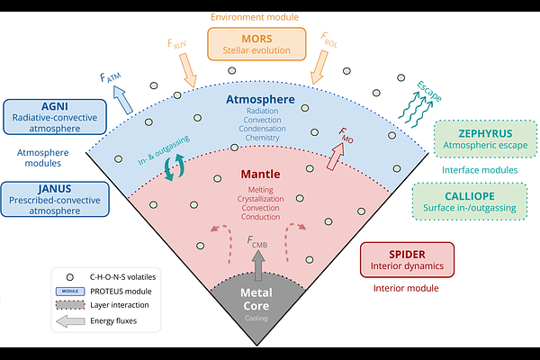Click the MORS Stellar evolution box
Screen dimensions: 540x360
click(256, 44)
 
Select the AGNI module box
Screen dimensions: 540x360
click(55, 117)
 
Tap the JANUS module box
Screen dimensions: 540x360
click(55, 200)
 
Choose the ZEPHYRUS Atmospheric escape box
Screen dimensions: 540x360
click(485, 139)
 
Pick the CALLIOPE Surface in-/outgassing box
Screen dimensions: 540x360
click(470, 202)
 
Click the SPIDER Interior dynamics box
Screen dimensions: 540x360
click(407, 260)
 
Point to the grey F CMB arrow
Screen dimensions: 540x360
click(258, 265)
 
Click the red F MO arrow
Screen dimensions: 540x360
click(336, 157)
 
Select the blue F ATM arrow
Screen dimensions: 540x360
click(123, 100)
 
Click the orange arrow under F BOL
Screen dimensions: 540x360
click(319, 67)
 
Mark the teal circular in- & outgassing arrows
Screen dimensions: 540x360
click(175, 167)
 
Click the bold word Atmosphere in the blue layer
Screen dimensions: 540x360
click(260, 99)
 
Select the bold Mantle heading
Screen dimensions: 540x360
click(260, 174)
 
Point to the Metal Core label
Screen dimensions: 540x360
click(256, 299)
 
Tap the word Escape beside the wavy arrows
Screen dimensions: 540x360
click(429, 91)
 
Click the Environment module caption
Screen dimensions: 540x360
click(255, 17)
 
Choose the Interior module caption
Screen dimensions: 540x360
click(406, 288)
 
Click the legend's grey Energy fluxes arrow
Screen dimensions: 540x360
click(70, 321)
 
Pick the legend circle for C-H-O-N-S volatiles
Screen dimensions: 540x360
click(70, 277)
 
